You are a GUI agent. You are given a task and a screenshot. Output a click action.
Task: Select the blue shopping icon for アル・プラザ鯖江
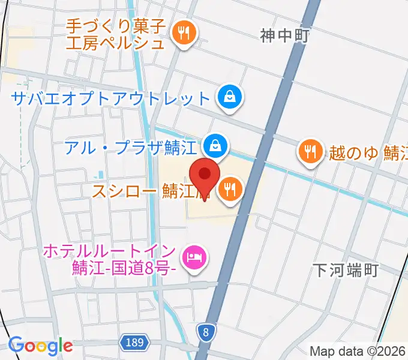click(x=213, y=145)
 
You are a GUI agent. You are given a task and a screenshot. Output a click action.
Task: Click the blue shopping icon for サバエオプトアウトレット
click(x=229, y=97)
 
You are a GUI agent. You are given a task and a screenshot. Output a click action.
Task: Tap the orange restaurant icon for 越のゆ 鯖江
click(x=309, y=152)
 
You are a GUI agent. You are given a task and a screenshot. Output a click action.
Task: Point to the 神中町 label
click(x=284, y=36)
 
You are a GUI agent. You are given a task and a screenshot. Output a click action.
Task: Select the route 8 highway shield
click(x=206, y=331)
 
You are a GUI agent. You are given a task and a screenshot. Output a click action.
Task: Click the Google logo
click(x=41, y=345)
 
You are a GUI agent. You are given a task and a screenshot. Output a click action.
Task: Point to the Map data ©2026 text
click(x=358, y=352)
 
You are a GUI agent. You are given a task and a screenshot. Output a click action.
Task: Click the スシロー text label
click(x=125, y=191)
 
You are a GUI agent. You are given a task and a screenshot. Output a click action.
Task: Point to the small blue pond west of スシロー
click(x=98, y=175)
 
